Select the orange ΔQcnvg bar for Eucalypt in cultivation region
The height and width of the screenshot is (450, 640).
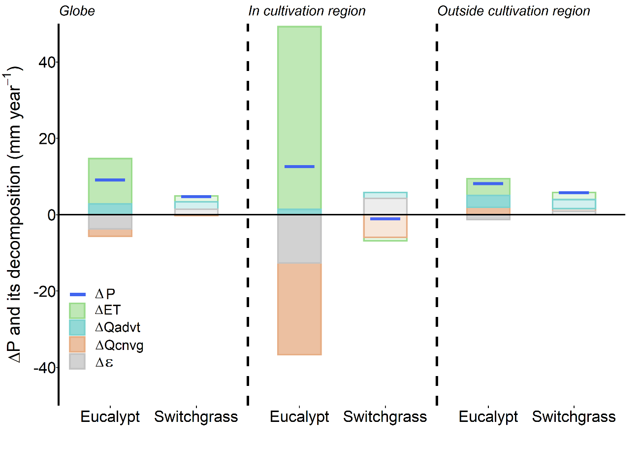(299, 309)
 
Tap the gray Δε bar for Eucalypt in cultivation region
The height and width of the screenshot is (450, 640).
(299, 239)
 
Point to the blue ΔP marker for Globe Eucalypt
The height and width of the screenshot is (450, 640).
(110, 180)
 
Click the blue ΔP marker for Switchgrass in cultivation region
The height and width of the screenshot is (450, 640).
(385, 218)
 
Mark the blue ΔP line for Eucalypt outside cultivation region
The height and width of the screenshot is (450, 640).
(488, 183)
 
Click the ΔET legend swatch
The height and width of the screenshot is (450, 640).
(78, 311)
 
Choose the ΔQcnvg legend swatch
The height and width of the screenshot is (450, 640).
(78, 345)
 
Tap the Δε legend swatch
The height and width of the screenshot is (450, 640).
(78, 362)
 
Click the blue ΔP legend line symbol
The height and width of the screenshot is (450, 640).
(78, 294)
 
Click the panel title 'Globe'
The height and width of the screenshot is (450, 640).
(77, 11)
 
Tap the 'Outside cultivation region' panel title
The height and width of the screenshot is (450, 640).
(513, 11)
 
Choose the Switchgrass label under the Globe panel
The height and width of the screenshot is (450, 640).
(196, 417)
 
